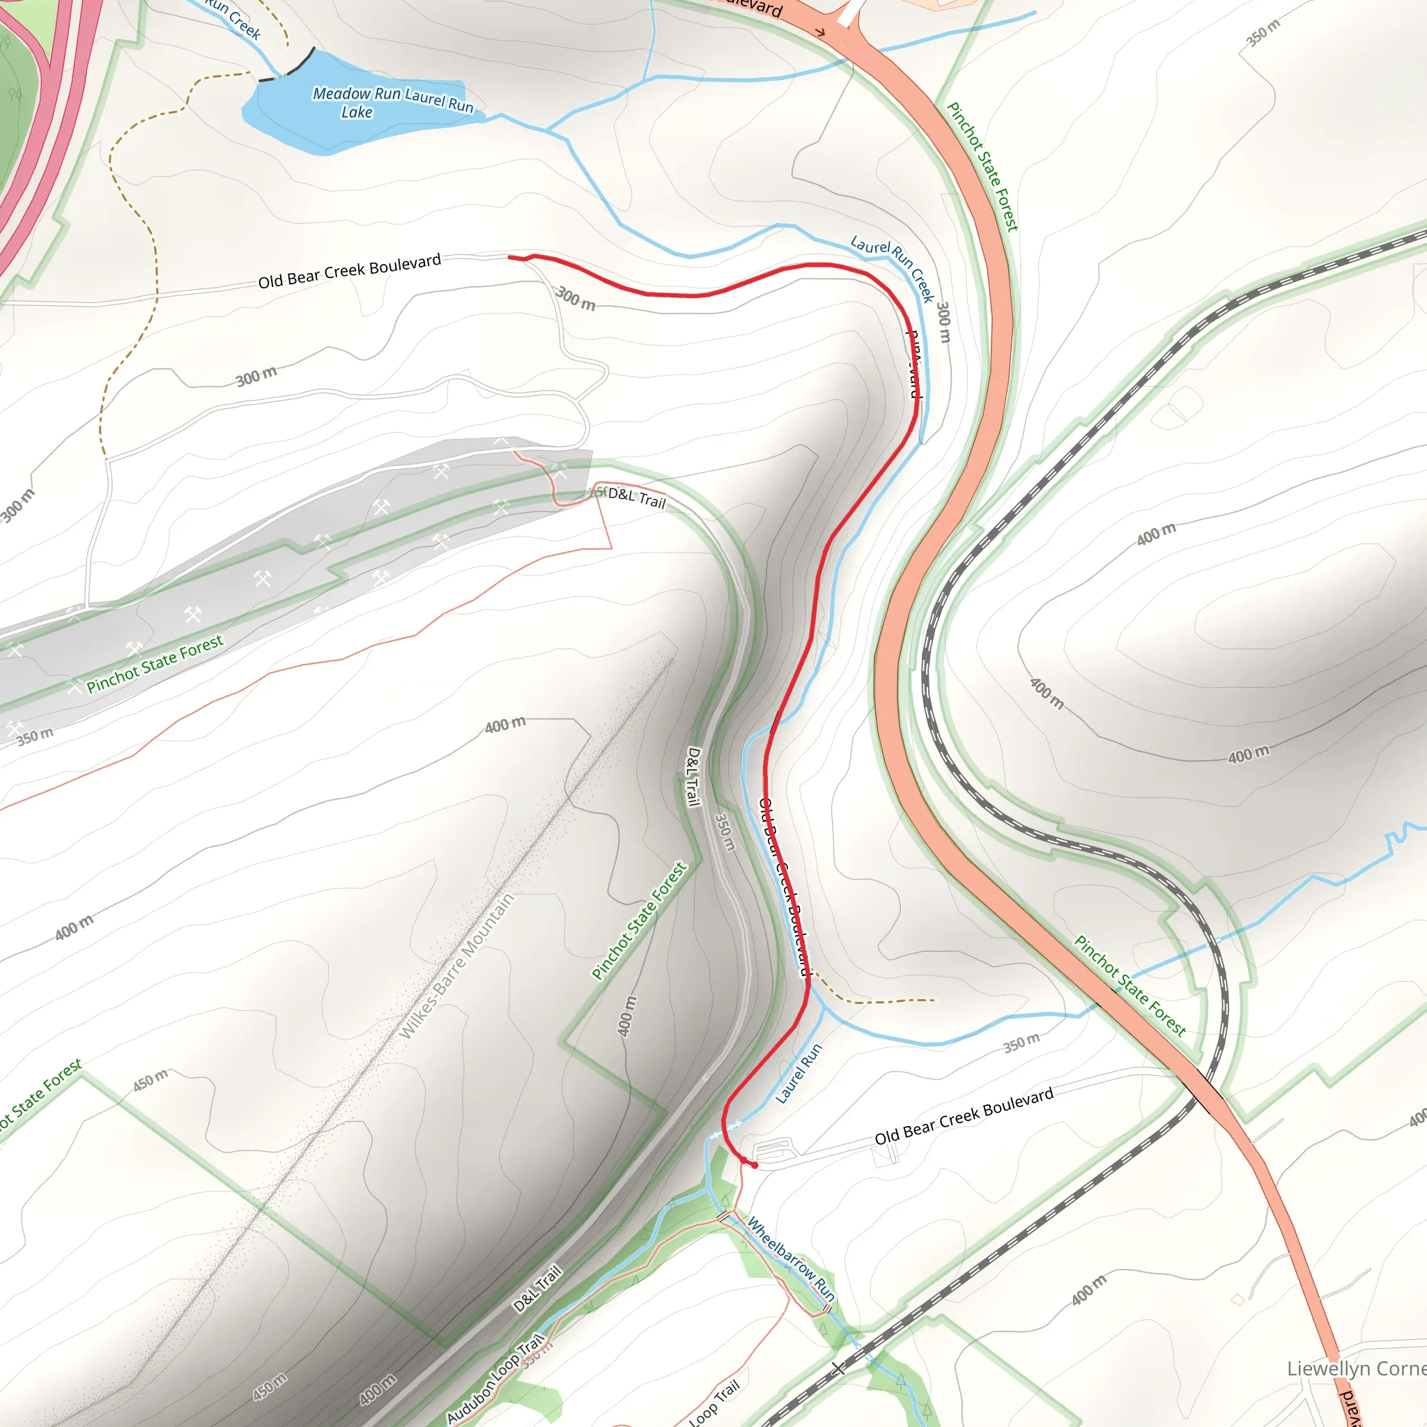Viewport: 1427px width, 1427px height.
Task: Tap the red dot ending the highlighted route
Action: tap(754, 1165)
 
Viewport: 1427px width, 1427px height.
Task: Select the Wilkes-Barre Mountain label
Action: tap(456, 967)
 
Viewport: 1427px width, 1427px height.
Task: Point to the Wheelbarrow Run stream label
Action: tap(791, 1259)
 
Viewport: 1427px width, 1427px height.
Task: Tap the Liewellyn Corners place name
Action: tap(1356, 1368)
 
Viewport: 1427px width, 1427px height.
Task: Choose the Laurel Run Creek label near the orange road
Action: tap(893, 268)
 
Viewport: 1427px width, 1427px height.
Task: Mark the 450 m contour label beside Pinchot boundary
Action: tap(151, 1081)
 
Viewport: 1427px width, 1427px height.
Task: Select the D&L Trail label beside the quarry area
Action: tap(637, 499)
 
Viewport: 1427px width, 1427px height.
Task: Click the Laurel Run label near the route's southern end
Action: tap(799, 1073)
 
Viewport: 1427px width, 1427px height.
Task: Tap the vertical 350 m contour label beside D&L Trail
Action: tap(725, 832)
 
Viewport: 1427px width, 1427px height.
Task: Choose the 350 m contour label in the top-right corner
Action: tap(1263, 33)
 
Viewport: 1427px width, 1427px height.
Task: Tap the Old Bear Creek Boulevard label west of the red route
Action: tap(349, 271)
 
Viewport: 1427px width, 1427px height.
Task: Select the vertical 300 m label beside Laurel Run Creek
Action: tap(943, 321)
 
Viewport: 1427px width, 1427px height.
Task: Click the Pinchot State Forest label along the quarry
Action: tap(155, 664)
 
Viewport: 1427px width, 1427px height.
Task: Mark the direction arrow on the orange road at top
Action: tap(820, 33)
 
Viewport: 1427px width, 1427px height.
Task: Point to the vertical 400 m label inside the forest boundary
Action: tap(626, 1016)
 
